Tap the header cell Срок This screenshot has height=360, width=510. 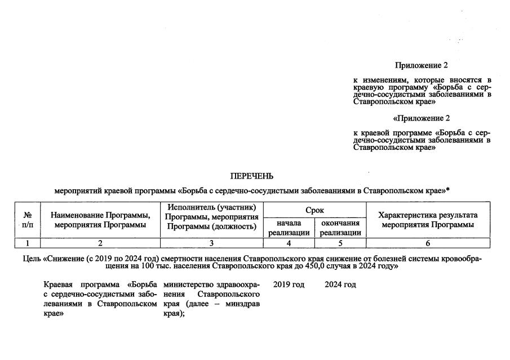click(x=314, y=210)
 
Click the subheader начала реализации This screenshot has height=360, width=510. click(x=289, y=228)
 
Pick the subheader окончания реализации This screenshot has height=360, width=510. click(x=340, y=228)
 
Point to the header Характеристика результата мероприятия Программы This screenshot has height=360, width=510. click(x=428, y=220)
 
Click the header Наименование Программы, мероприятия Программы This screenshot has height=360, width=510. click(x=100, y=220)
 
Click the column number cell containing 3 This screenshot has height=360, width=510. click(x=212, y=243)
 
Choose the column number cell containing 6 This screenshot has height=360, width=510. click(x=428, y=243)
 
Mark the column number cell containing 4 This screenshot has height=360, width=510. click(x=289, y=243)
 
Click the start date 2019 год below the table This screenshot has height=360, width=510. click(x=289, y=285)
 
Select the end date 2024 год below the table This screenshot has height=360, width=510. click(x=340, y=285)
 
